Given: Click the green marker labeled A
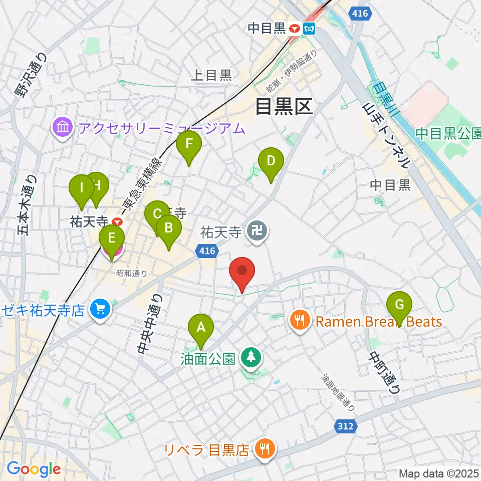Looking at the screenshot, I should pos(201,328).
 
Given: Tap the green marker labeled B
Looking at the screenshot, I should pos(169,229).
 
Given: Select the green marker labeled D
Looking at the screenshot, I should pos(271,162).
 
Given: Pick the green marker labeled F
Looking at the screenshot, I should pos(189,145).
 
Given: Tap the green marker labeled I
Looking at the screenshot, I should pos(81,189).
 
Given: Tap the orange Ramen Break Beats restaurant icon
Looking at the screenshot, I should pos(300,321).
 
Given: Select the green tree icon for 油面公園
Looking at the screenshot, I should pos(249,358).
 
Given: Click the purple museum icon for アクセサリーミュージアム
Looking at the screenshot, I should pos(63,128).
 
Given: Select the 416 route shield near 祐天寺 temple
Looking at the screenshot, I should pos(207,251).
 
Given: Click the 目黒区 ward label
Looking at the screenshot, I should pos(284,106).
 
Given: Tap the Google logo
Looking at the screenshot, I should pos(33,469).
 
